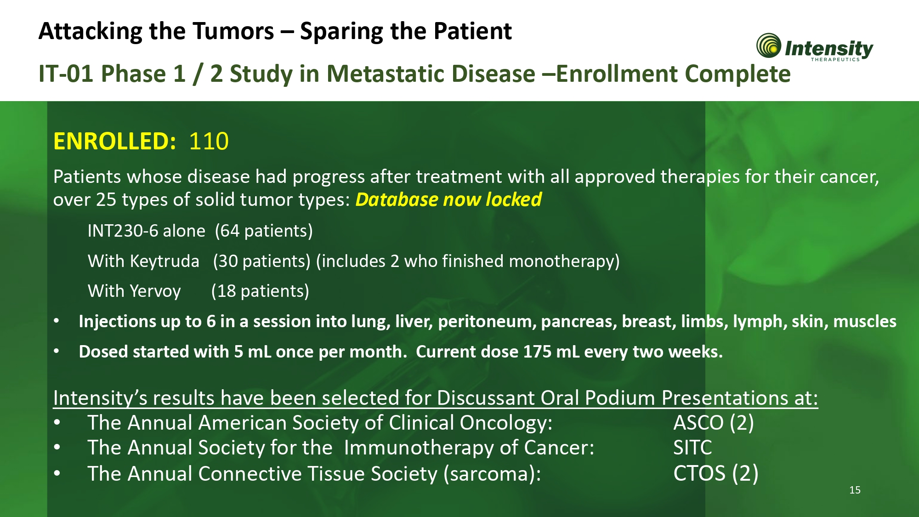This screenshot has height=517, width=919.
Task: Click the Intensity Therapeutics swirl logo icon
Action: (x=769, y=45)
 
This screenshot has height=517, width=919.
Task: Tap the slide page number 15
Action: (x=855, y=490)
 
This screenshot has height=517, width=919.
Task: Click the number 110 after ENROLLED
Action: (x=209, y=141)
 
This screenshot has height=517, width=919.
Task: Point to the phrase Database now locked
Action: (x=448, y=200)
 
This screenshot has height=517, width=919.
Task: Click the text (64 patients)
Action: (x=264, y=231)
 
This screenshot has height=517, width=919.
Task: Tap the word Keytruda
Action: (x=165, y=261)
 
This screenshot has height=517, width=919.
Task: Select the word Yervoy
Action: (x=155, y=291)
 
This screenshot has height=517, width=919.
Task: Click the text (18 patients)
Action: (x=260, y=291)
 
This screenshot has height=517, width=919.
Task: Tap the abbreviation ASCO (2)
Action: (x=714, y=423)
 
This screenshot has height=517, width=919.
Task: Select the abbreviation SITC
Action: (x=692, y=448)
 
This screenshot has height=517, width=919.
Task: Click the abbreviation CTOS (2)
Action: (x=716, y=474)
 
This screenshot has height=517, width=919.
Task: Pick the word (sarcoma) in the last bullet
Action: (x=492, y=474)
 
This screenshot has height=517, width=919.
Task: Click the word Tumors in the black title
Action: (x=233, y=31)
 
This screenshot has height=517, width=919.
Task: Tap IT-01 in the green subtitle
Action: (x=67, y=74)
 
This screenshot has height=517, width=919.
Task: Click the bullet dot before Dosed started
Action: (x=57, y=352)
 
